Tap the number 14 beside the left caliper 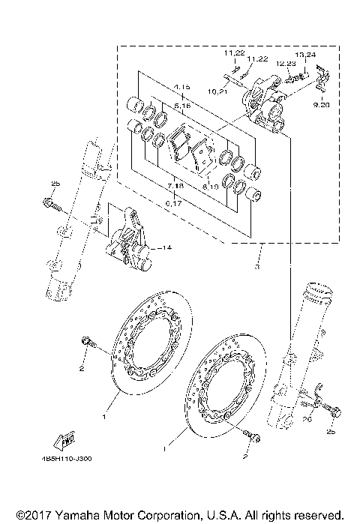(165, 247)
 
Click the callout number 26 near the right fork (306, 421)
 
